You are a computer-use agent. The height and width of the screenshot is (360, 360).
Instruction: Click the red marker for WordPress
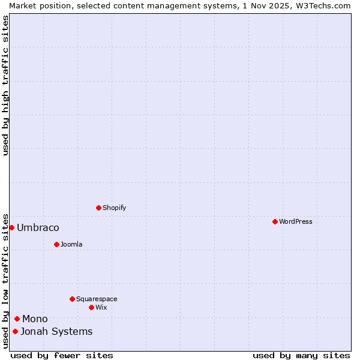pyautogui.click(x=275, y=221)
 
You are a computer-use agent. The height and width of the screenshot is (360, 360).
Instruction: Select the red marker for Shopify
pyautogui.click(x=98, y=208)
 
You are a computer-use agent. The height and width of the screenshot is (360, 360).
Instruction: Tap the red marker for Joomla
pyautogui.click(x=56, y=244)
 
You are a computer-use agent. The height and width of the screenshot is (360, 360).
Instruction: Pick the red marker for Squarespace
pyautogui.click(x=72, y=299)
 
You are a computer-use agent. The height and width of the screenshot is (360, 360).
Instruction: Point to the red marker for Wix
pyautogui.click(x=91, y=307)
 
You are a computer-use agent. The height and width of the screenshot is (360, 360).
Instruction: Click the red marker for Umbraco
pyautogui.click(x=11, y=227)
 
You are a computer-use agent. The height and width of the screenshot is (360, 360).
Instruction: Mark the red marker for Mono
pyautogui.click(x=17, y=319)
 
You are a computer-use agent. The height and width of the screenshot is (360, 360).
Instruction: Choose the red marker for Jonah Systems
pyautogui.click(x=15, y=331)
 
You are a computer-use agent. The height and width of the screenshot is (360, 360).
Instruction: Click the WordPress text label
pyautogui.click(x=296, y=221)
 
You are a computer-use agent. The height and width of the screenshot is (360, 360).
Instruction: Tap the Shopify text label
pyautogui.click(x=115, y=208)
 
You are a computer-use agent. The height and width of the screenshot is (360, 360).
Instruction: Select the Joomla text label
pyautogui.click(x=71, y=244)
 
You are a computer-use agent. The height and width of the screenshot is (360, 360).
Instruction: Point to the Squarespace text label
pyautogui.click(x=97, y=299)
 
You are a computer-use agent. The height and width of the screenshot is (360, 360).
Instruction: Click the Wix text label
pyautogui.click(x=101, y=307)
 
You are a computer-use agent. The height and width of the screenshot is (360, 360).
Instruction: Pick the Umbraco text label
pyautogui.click(x=38, y=227)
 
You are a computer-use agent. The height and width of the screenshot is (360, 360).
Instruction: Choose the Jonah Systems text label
pyautogui.click(x=56, y=331)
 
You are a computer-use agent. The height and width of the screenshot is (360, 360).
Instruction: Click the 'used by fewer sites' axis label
pyautogui.click(x=62, y=355)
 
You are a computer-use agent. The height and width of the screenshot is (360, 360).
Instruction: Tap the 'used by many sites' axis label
pyautogui.click(x=301, y=355)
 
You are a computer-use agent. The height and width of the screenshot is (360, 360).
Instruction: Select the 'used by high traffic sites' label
pyautogui.click(x=5, y=85)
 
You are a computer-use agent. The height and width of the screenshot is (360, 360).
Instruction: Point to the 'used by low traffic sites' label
pyautogui.click(x=5, y=281)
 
